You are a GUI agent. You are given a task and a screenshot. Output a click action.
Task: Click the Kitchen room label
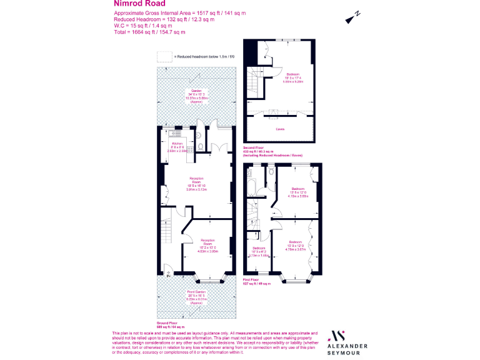click(x=169, y=145)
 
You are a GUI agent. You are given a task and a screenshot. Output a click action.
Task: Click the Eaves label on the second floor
click(x=280, y=130)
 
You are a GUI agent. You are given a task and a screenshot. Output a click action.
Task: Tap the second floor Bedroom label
click(x=292, y=76)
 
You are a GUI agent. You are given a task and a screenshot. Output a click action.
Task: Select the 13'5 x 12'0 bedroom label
click(x=297, y=191)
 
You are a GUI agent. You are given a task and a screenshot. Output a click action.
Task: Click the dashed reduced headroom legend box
click(x=164, y=56)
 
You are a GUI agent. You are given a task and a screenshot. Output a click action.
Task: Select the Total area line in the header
click(x=149, y=32)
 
